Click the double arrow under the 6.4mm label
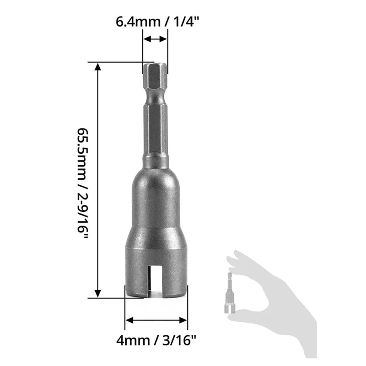pyautogui.click(x=155, y=40)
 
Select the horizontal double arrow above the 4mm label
pyautogui.click(x=156, y=320)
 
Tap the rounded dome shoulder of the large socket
pyautogui.click(x=156, y=183)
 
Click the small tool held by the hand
pyautogui.click(x=229, y=293)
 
